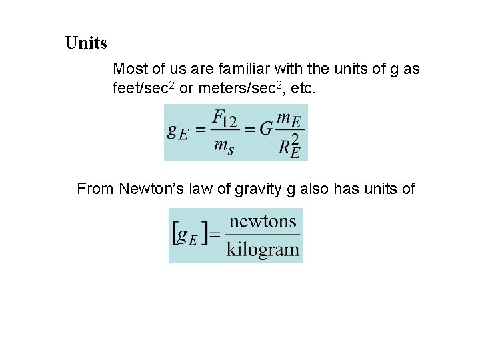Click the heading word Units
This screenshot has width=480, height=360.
pyautogui.click(x=86, y=43)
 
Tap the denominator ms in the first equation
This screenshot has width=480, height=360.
pyautogui.click(x=223, y=147)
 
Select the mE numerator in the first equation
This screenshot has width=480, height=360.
pyautogui.click(x=288, y=119)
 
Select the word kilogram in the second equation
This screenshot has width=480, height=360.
pyautogui.click(x=263, y=250)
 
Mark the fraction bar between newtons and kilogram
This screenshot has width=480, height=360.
pyautogui.click(x=263, y=235)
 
